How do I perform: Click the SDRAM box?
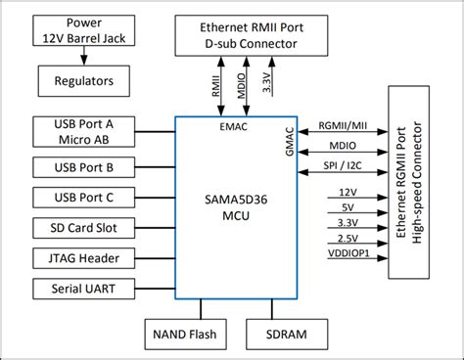pyautogui.click(x=284, y=332)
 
